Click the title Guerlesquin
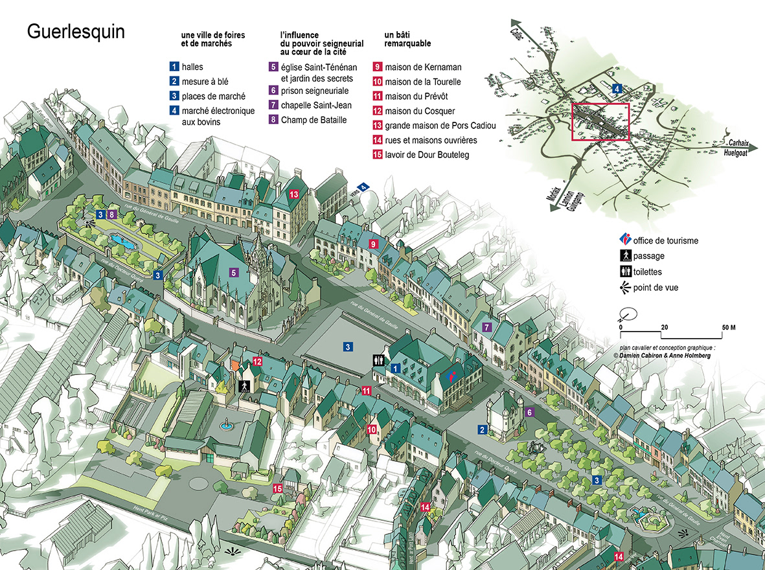point(76,32)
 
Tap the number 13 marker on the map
point(294,194)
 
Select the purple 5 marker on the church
point(234,273)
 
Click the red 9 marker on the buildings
point(373,244)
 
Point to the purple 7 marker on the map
point(487,326)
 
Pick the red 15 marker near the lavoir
point(278,489)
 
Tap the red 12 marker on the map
point(257,361)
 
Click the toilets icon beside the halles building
point(378,360)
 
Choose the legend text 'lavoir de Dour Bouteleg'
point(426,155)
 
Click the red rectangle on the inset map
point(600,122)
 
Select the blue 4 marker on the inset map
point(617,88)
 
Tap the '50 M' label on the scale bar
point(728,327)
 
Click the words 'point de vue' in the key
point(656,288)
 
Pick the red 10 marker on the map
point(372,429)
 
